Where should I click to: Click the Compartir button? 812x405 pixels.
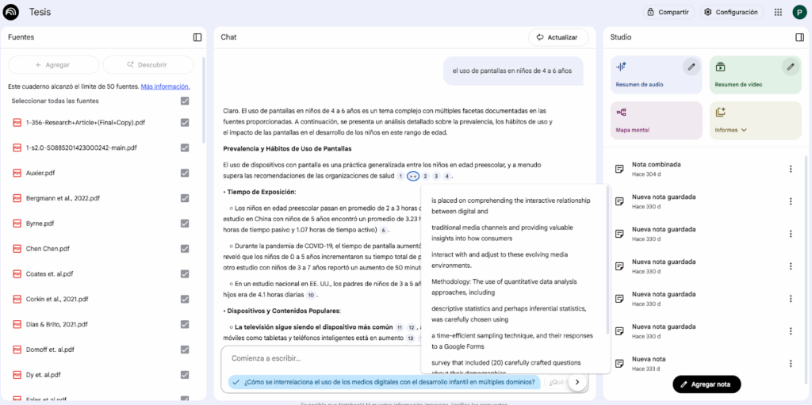(x=668, y=12)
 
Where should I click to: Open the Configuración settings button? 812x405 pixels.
(x=730, y=12)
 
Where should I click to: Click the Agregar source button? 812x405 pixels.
(x=53, y=65)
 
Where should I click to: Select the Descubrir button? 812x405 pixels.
(x=148, y=65)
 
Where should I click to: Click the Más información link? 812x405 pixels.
(x=165, y=86)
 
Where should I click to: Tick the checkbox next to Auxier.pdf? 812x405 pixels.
(x=185, y=173)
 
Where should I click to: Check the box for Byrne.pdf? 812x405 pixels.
(x=185, y=224)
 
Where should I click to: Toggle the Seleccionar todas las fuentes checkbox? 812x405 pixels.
(x=185, y=101)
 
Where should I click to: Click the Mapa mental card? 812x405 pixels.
(x=655, y=120)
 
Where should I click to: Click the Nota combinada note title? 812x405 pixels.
(x=656, y=164)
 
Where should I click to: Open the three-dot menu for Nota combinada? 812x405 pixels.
(x=790, y=169)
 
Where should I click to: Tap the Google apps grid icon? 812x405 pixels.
(x=778, y=12)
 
